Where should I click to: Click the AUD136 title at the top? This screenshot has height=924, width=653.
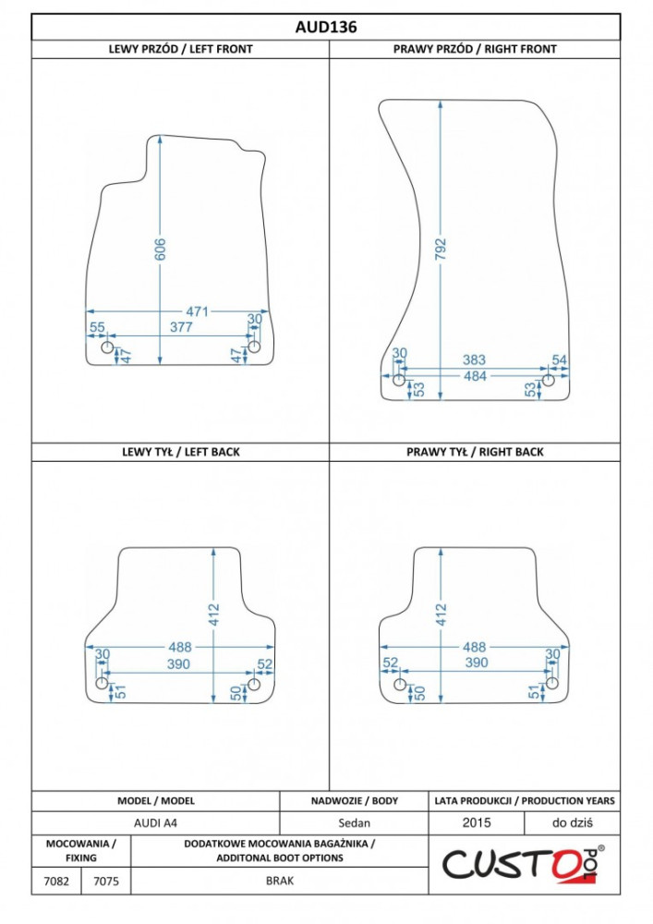pyautogui.click(x=326, y=27)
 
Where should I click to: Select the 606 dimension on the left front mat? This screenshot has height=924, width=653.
pyautogui.click(x=160, y=249)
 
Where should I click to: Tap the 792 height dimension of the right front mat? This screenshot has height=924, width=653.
pyautogui.click(x=441, y=249)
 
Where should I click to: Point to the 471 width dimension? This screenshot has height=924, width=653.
pyautogui.click(x=198, y=311)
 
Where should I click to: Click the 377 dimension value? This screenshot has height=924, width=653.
pyautogui.click(x=181, y=327)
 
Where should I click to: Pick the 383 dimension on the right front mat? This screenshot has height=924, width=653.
pyautogui.click(x=474, y=359)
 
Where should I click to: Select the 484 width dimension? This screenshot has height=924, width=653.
pyautogui.click(x=475, y=376)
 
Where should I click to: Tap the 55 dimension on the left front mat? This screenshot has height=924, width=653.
pyautogui.click(x=97, y=327)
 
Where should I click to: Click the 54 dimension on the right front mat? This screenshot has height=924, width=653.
pyautogui.click(x=560, y=359)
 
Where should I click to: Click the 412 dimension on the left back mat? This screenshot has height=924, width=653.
pyautogui.click(x=213, y=614)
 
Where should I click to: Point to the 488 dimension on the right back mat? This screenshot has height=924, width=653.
pyautogui.click(x=474, y=647)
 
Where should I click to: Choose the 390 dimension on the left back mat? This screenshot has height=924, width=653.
pyautogui.click(x=178, y=664)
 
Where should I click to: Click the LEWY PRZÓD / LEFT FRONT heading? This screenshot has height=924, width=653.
pyautogui.click(x=180, y=50)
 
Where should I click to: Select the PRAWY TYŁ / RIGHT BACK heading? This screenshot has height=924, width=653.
pyautogui.click(x=475, y=452)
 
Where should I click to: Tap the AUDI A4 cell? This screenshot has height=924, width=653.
pyautogui.click(x=155, y=822)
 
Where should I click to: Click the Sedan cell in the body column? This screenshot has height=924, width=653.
pyautogui.click(x=354, y=822)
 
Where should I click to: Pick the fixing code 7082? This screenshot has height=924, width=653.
pyautogui.click(x=56, y=881)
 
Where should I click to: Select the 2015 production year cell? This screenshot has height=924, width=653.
pyautogui.click(x=477, y=822)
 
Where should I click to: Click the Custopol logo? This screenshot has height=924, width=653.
pyautogui.click(x=523, y=865)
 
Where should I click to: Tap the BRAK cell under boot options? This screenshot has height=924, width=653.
pyautogui.click(x=280, y=881)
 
